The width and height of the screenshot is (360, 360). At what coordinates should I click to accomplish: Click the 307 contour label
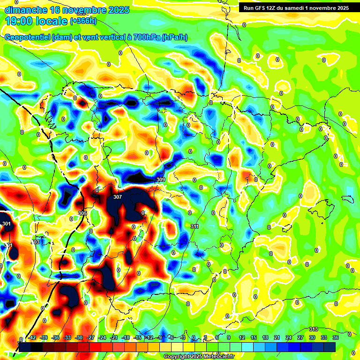click(x=118, y=197)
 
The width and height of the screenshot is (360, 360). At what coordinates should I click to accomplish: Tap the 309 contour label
click(x=160, y=180)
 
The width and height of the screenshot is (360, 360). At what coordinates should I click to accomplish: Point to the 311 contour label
click(x=195, y=226)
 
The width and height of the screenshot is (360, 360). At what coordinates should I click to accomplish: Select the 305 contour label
click(x=82, y=213)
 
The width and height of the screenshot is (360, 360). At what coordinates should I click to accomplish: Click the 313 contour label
click(x=314, y=329)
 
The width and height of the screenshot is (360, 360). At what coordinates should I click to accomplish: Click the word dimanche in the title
click(x=26, y=10)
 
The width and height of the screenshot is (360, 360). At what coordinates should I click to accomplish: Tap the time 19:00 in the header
click(x=21, y=21)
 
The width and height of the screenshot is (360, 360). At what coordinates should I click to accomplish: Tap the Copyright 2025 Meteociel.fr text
click(x=199, y=357)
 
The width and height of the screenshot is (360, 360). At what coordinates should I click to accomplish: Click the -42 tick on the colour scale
click(x=32, y=337)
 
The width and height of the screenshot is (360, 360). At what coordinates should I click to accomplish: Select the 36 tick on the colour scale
click(x=336, y=337)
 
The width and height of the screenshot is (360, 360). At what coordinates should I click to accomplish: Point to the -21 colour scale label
click(x=114, y=337)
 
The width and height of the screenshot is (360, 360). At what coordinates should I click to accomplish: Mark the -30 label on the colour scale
click(x=79, y=337)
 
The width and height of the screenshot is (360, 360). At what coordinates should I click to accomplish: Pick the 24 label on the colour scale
click(x=289, y=337)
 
